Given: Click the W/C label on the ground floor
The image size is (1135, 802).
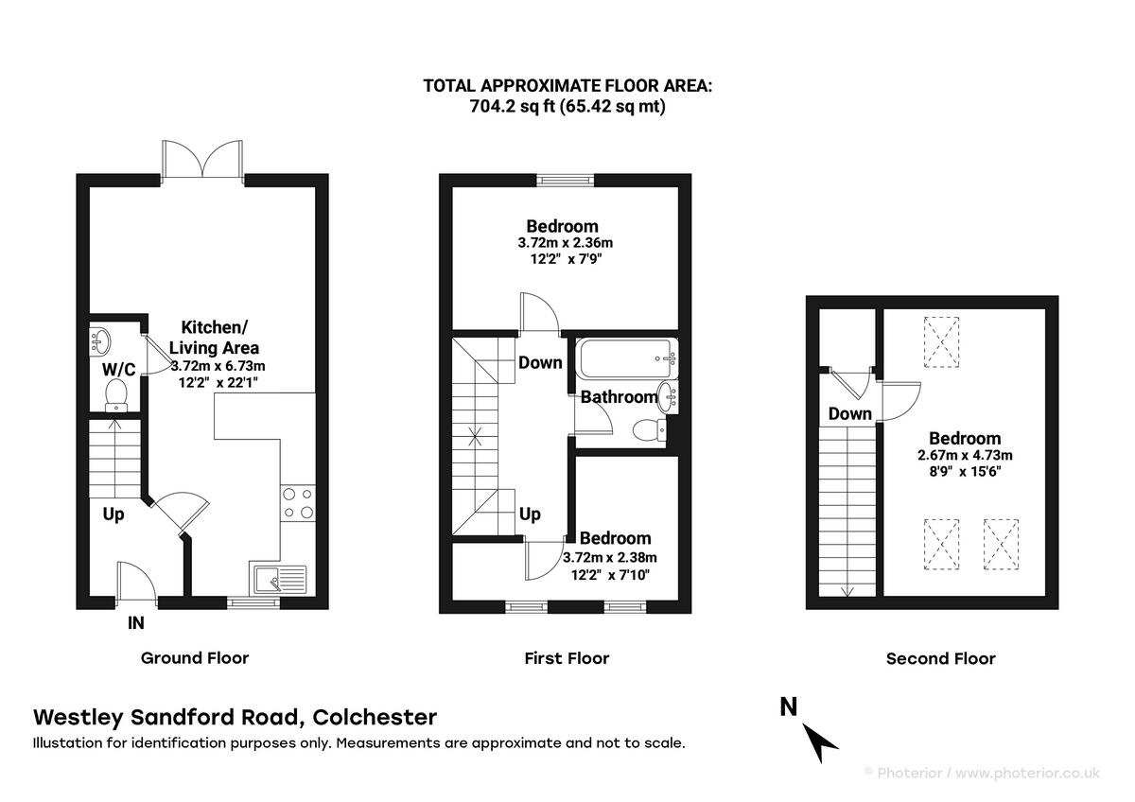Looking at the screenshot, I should (119, 368).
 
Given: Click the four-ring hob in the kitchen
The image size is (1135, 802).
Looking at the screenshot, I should (297, 502).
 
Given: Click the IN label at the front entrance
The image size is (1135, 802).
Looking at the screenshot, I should (137, 623).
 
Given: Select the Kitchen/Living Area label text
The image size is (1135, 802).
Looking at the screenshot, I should (215, 337).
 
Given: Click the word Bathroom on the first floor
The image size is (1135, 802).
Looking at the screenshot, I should (619, 397).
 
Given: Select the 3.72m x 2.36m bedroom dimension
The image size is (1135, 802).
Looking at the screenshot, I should (562, 243).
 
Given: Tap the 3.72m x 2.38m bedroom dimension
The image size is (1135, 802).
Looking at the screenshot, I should (610, 557).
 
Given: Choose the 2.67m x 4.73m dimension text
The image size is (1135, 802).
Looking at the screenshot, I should (964, 455).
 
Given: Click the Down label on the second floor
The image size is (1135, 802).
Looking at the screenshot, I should (849, 413).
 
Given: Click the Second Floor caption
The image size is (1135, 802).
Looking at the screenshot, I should (940, 658).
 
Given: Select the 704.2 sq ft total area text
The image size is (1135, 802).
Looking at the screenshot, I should (567, 106).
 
